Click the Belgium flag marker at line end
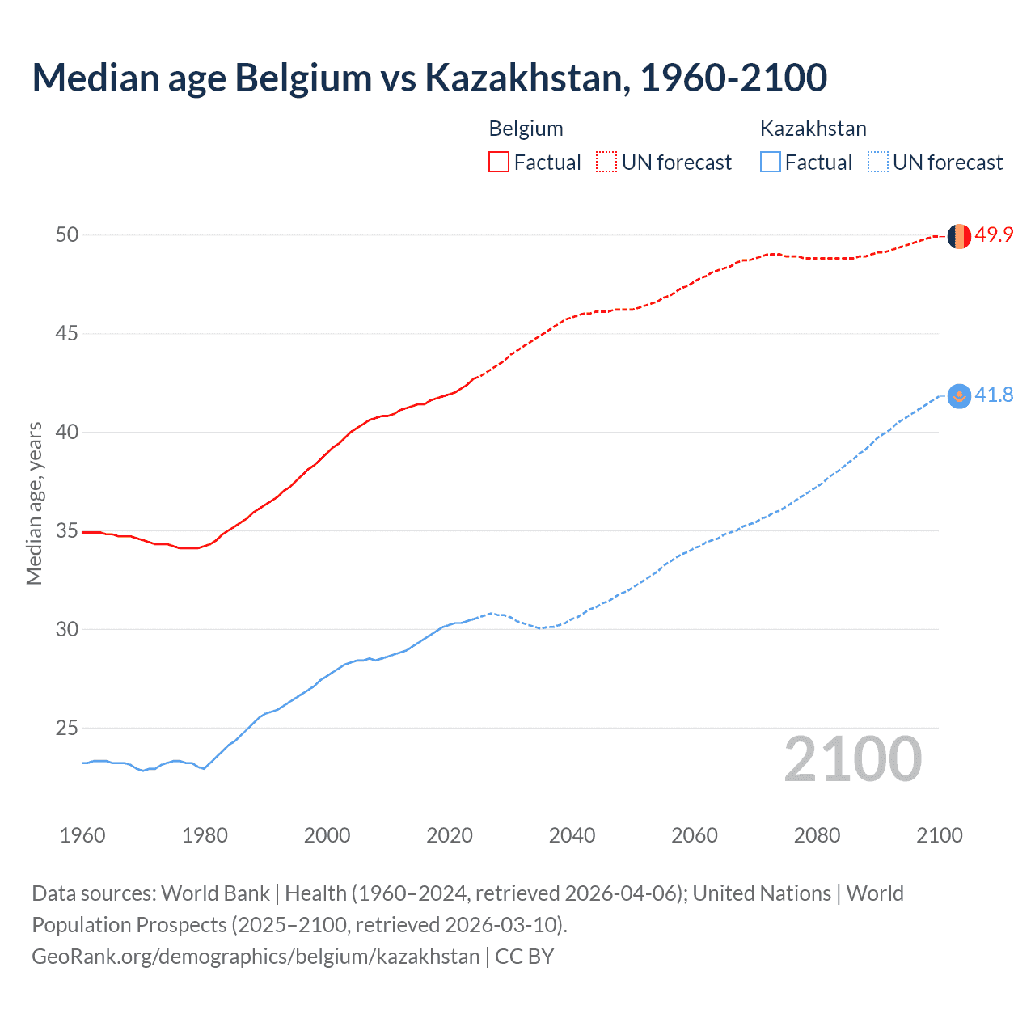[959, 236]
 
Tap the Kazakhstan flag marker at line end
[959, 396]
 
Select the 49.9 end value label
[994, 235]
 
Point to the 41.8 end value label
[994, 395]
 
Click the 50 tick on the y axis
[67, 235]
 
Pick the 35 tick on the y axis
[67, 531]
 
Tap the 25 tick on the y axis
[67, 729]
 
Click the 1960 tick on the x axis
[82, 836]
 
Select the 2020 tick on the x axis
[450, 836]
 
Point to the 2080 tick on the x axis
[817, 836]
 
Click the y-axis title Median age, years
[34, 503]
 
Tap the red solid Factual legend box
[499, 163]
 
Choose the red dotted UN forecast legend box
[606, 163]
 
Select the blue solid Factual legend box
[771, 163]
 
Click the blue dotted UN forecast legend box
[878, 163]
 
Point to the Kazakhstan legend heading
[813, 129]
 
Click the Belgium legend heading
[526, 129]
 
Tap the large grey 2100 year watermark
[853, 759]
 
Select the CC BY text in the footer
[524, 957]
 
